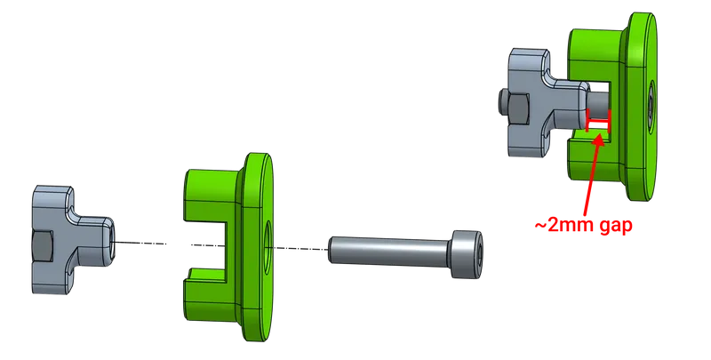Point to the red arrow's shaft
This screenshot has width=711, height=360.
point(588,178)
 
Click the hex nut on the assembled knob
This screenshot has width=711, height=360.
point(509,106)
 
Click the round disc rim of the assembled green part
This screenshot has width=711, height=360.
point(647,36)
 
